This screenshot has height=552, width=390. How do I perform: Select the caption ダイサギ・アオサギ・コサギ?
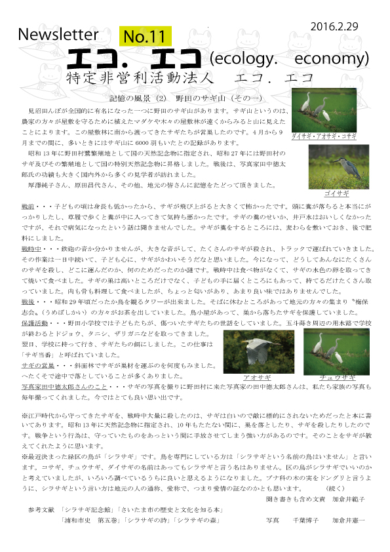324,136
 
